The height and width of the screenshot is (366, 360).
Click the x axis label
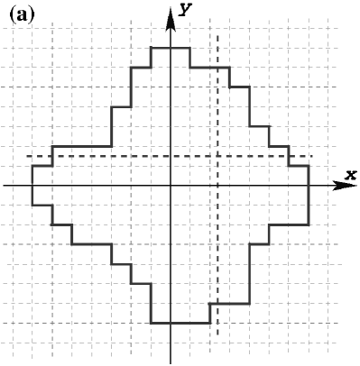[x=351, y=173]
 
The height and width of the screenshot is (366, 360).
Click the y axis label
[x=185, y=8]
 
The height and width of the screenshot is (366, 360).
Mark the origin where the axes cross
[x=171, y=185]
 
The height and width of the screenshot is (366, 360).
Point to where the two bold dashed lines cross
[x=217, y=157]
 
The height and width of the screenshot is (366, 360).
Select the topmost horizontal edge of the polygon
[x=170, y=47]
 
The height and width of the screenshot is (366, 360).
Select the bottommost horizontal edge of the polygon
[x=180, y=323]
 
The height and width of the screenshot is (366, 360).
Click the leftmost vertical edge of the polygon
[x=32, y=185]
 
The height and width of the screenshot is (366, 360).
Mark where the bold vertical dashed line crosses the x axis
[x=217, y=185]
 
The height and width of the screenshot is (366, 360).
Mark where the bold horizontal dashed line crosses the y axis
[x=171, y=157]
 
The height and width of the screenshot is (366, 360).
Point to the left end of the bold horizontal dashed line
[x=27, y=157]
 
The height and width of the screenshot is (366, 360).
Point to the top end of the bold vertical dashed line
[x=217, y=35]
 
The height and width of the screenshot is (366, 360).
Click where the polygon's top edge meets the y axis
[x=171, y=47]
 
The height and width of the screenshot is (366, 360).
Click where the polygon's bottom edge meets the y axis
[x=171, y=323]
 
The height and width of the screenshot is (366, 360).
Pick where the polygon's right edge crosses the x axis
[x=309, y=185]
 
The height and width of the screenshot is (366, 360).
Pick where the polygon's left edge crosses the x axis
[x=32, y=185]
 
